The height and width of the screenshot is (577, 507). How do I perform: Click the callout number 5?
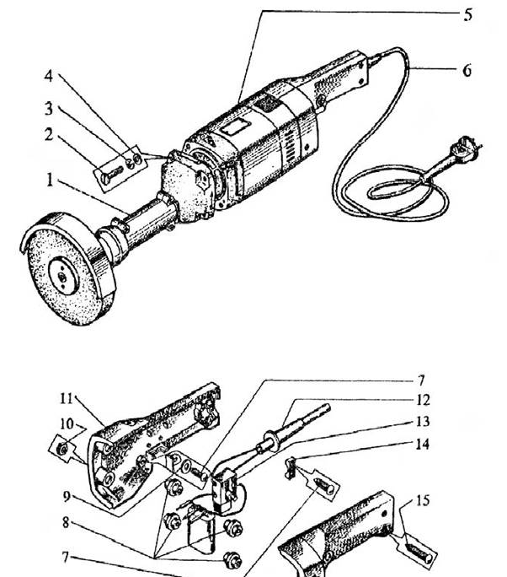(467, 15)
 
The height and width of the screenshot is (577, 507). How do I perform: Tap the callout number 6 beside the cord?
(467, 70)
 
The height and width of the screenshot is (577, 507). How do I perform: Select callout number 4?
(49, 76)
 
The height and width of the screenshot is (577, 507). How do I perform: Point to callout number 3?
(49, 109)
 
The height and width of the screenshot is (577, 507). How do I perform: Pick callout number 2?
(49, 135)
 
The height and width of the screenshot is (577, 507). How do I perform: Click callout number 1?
(50, 180)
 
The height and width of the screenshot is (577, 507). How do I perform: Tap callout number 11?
(67, 398)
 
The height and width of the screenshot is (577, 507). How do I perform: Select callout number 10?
(67, 424)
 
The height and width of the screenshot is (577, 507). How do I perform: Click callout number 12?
(424, 400)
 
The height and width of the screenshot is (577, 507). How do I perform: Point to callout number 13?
(423, 421)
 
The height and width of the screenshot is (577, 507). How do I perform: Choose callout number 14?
(423, 445)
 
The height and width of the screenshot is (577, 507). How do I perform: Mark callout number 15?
(423, 500)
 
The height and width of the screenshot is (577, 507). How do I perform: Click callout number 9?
(67, 497)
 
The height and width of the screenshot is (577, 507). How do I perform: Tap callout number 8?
(66, 522)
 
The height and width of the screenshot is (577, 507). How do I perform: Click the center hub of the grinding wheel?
(63, 276)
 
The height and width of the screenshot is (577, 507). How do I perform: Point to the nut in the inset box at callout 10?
(63, 449)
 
